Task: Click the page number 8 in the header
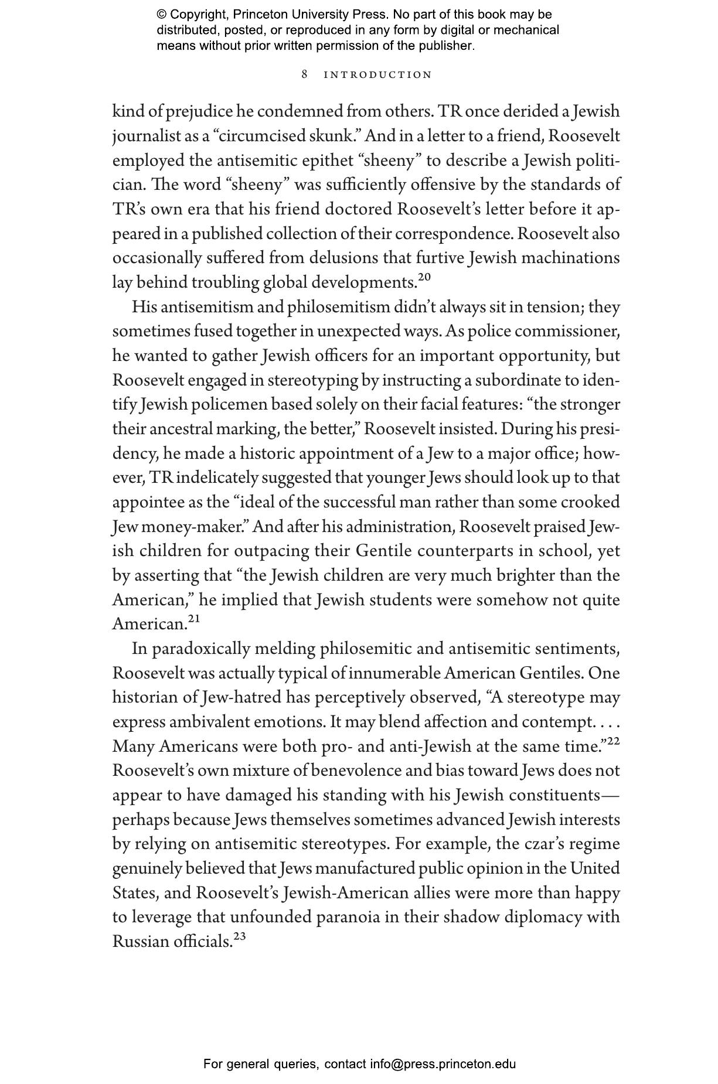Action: [305, 74]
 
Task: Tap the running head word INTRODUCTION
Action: [378, 75]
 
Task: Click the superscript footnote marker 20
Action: [425, 277]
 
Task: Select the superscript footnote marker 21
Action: [194, 619]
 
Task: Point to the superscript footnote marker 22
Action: [613, 741]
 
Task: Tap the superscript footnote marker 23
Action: [239, 937]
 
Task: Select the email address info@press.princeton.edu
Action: [443, 1063]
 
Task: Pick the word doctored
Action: [358, 209]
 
